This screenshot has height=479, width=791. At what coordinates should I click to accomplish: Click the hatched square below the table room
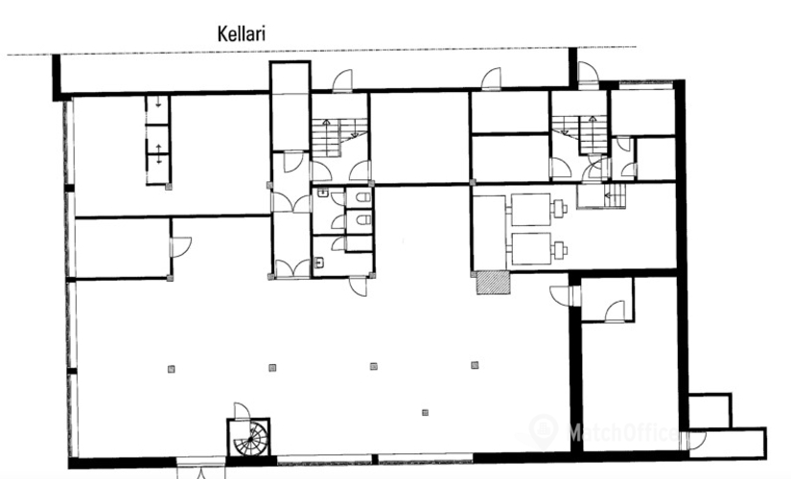491,283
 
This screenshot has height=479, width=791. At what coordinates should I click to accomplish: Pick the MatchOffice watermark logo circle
544,429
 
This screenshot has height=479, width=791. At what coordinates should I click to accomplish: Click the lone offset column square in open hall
425,413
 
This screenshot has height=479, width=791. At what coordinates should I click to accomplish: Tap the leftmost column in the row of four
171,367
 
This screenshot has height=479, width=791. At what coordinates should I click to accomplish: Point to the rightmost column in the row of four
475,364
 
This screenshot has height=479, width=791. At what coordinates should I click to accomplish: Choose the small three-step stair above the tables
616,195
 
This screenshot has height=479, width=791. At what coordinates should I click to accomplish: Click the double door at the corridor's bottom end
291,266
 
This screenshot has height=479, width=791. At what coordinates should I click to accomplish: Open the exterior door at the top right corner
588,72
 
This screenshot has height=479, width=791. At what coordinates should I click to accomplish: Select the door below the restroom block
358,285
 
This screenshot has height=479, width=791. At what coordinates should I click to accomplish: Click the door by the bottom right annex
696,440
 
